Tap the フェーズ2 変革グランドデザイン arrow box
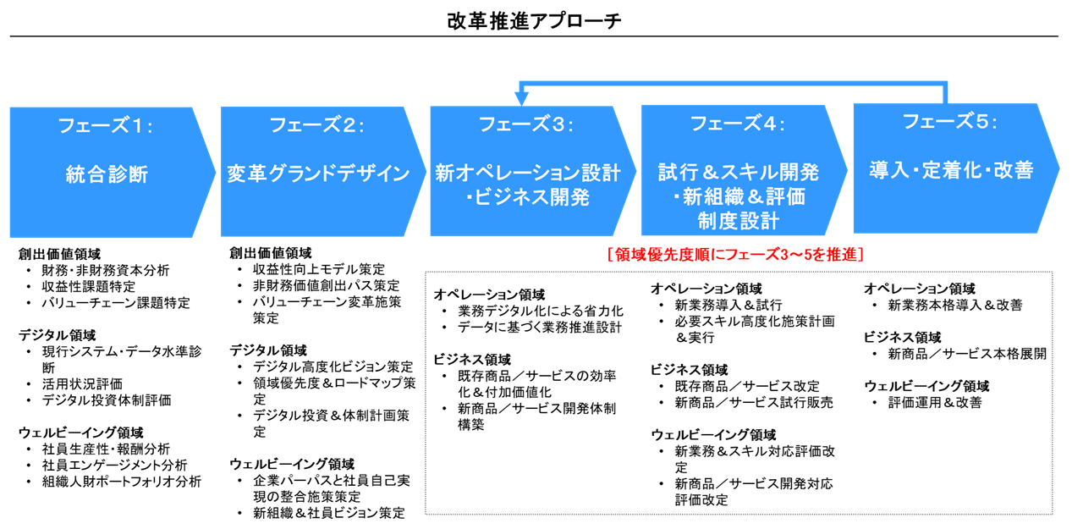(x=317, y=171)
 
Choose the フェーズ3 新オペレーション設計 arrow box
(x=527, y=171)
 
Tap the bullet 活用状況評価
(x=83, y=383)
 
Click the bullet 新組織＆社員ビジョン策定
(x=328, y=513)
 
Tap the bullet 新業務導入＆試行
(x=728, y=305)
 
